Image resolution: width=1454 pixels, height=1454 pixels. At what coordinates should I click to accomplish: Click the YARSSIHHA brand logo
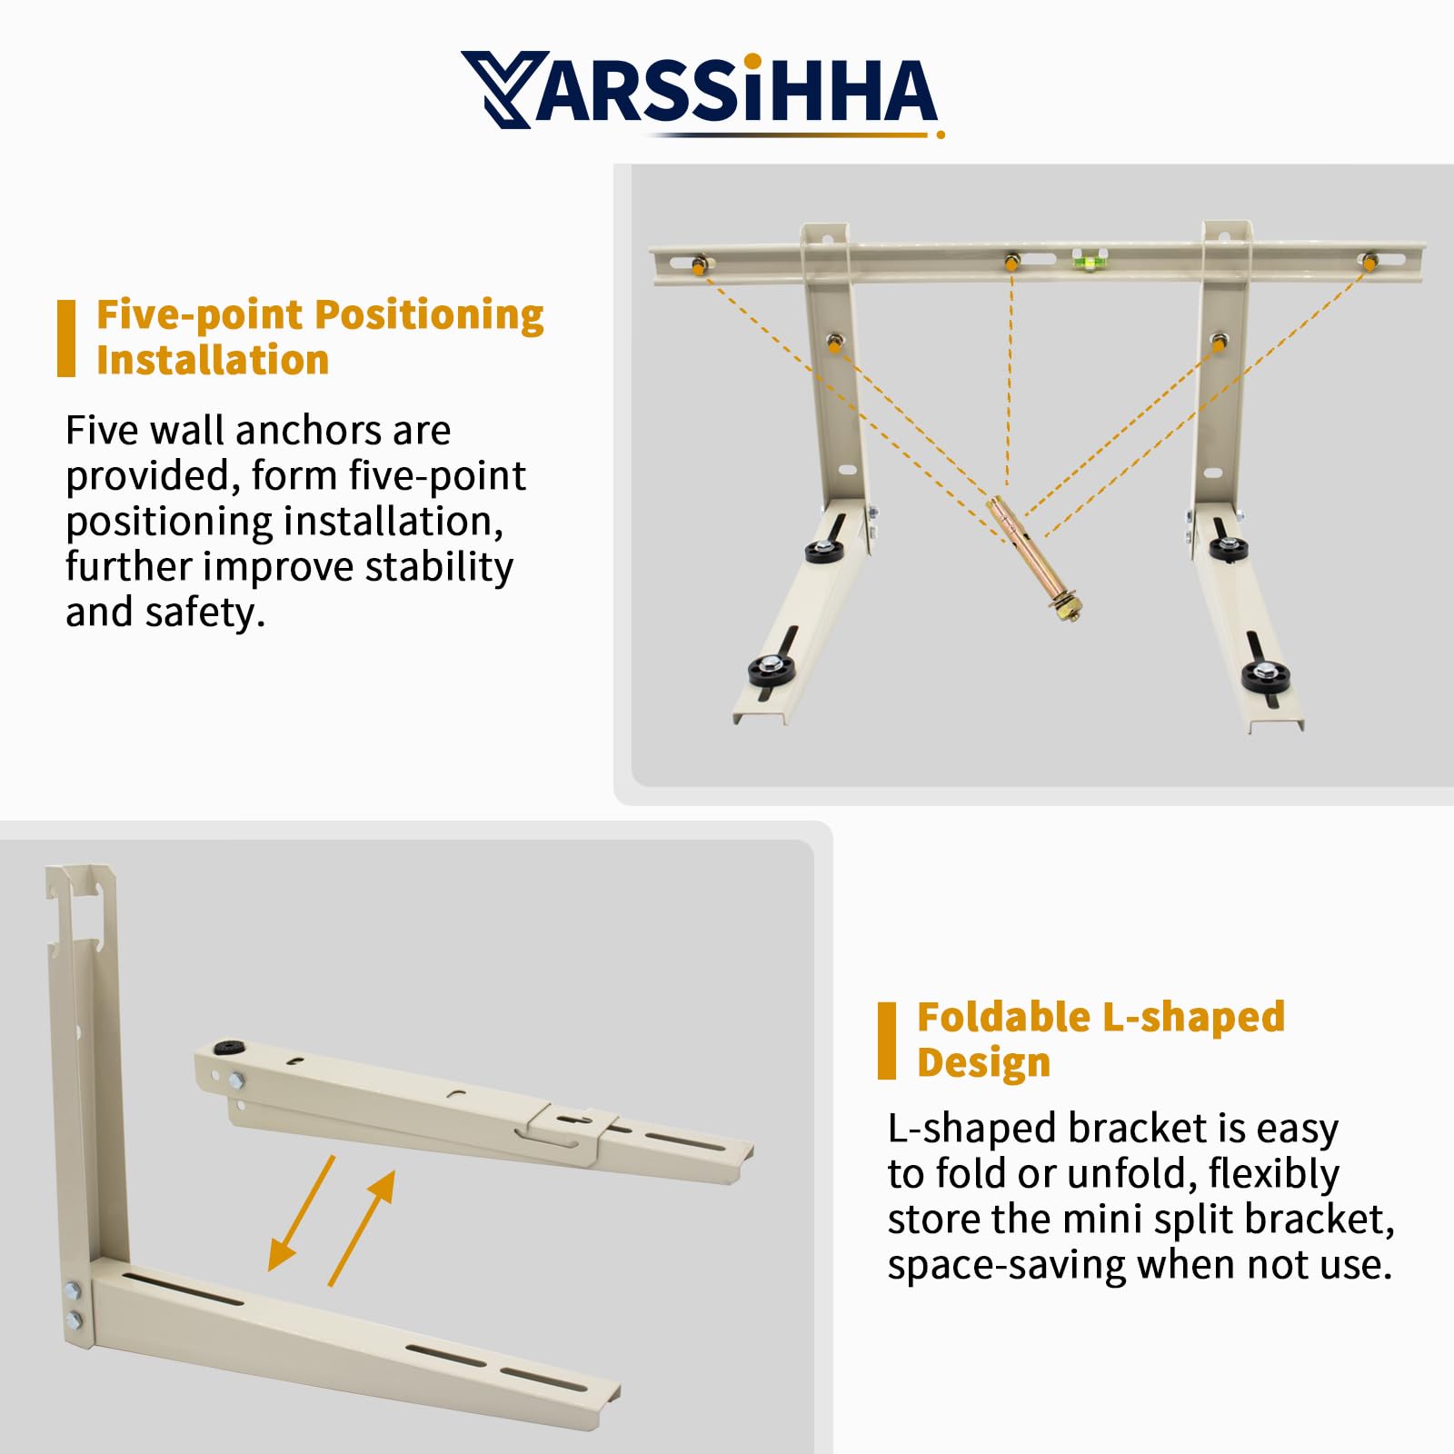pyautogui.click(x=700, y=91)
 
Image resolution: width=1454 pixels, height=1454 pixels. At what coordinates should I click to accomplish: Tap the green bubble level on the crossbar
pyautogui.click(x=1083, y=263)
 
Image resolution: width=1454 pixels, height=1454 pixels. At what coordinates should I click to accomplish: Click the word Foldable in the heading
pyautogui.click(x=1002, y=1017)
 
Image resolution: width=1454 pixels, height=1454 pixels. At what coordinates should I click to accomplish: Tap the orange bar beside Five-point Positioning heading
pyautogui.click(x=66, y=338)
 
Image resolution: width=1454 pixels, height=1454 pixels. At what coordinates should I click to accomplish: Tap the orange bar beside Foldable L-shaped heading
pyautogui.click(x=886, y=1041)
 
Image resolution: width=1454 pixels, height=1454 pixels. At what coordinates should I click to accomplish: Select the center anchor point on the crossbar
pyautogui.click(x=1011, y=263)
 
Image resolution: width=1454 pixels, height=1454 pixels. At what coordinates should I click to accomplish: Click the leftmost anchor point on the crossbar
pyautogui.click(x=699, y=265)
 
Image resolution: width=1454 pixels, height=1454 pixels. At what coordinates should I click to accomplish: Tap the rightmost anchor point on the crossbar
pyautogui.click(x=1369, y=263)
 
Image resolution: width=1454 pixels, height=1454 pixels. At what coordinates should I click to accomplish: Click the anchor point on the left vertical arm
pyautogui.click(x=834, y=343)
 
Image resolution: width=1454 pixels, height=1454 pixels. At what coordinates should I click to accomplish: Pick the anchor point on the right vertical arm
pyautogui.click(x=1219, y=343)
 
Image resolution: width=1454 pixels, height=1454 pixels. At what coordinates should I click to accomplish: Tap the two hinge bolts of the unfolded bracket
pyautogui.click(x=73, y=1304)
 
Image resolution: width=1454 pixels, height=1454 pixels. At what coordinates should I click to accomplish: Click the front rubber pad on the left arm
pyautogui.click(x=771, y=671)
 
